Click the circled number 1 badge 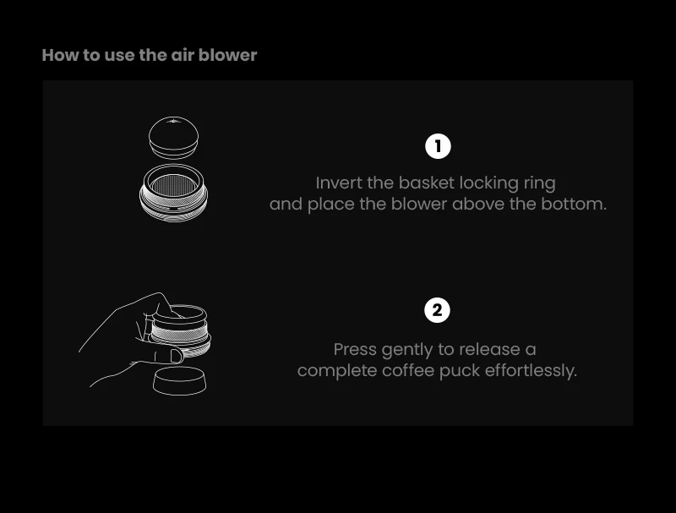coord(438,146)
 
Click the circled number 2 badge coord(437,310)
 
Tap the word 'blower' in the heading coord(228,55)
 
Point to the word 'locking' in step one coord(493,183)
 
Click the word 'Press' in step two coord(355,349)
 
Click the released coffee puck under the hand coord(179,379)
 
